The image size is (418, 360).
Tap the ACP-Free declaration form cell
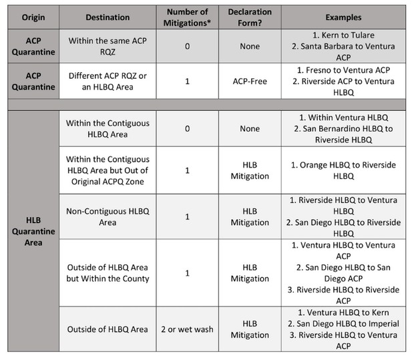click(x=249, y=81)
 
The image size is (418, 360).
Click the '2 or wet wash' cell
click(x=187, y=329)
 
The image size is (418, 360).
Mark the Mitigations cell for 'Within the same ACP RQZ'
click(x=187, y=46)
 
